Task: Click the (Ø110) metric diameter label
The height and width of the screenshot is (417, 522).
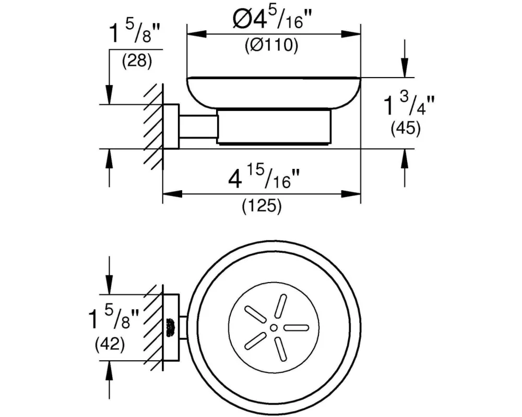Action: (271, 46)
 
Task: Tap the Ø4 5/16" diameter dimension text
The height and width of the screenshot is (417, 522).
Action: (272, 20)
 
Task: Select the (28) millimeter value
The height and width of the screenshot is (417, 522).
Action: (137, 61)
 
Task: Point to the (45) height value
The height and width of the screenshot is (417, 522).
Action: (406, 128)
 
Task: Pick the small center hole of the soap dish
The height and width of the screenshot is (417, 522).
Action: (274, 328)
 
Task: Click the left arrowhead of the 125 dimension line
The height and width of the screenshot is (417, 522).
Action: (172, 194)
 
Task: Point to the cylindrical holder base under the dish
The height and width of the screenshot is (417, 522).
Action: (274, 128)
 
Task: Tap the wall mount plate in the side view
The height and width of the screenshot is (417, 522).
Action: (171, 126)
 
